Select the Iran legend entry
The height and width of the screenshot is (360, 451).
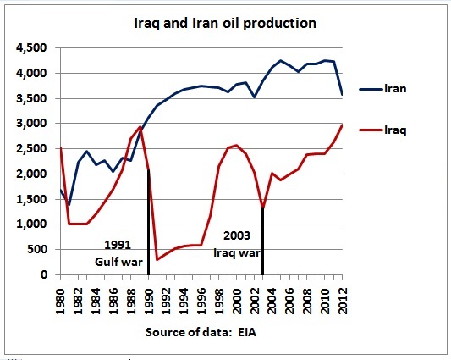coord(401,88)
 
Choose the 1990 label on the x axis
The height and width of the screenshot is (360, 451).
coord(149,296)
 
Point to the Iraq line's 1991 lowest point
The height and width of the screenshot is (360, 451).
coord(157,259)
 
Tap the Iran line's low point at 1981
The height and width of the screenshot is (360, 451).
coord(69,205)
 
